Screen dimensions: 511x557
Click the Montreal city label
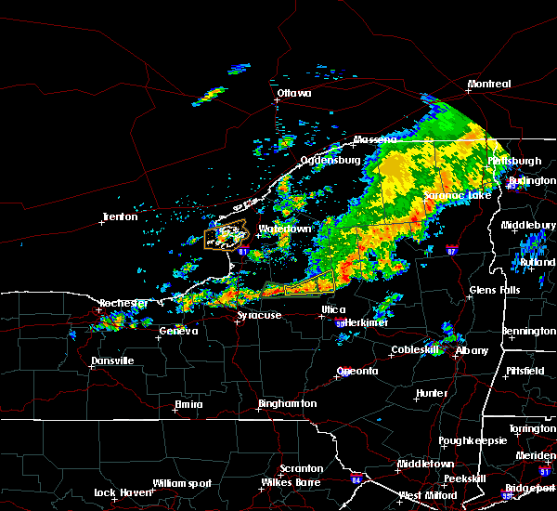tap(488, 85)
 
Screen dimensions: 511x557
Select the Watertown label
tap(285, 228)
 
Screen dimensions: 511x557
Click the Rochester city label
tap(123, 303)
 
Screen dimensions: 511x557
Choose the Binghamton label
tap(287, 404)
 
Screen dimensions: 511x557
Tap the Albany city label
tap(472, 350)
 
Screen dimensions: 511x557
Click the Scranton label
tap(302, 469)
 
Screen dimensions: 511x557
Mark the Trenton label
tap(120, 217)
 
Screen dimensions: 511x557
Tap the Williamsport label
tap(182, 483)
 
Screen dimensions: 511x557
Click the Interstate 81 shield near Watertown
tap(243, 250)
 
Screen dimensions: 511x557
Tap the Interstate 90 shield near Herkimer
tap(340, 323)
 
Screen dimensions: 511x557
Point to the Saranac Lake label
tap(457, 196)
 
